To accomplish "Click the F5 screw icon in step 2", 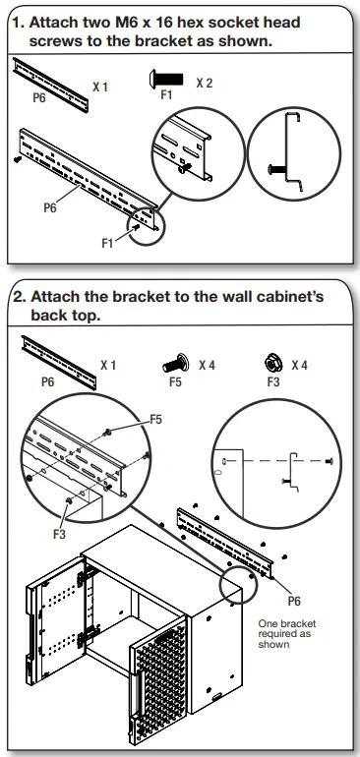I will (175, 364).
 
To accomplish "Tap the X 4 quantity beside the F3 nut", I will (298, 365).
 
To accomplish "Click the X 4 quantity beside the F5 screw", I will (207, 365).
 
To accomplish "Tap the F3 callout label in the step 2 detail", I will (61, 534).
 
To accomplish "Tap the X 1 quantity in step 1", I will (100, 87).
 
